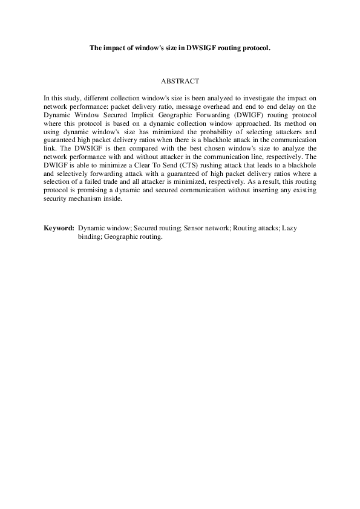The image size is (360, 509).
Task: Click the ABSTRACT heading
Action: (x=180, y=80)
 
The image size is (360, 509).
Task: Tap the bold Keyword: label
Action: (x=59, y=229)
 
